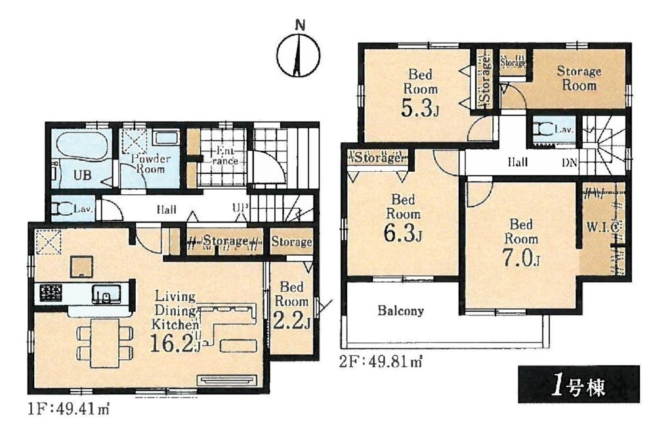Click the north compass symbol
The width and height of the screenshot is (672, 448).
[x=299, y=55]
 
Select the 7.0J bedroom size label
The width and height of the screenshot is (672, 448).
[x=520, y=258]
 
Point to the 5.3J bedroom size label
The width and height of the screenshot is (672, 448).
[x=419, y=108]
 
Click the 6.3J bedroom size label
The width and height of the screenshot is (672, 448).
[x=403, y=234]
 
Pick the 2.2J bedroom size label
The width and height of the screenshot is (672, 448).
[x=291, y=320]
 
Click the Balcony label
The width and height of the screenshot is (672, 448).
[x=400, y=310]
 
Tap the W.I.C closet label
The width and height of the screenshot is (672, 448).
[x=602, y=227]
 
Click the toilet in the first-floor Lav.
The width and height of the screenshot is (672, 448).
[x=62, y=209]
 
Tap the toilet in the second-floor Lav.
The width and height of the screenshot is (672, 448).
[x=543, y=129]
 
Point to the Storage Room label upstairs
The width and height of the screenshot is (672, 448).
[x=579, y=78]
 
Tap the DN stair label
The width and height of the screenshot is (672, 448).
[x=570, y=163]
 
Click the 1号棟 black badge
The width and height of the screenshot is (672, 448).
[x=579, y=384]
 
